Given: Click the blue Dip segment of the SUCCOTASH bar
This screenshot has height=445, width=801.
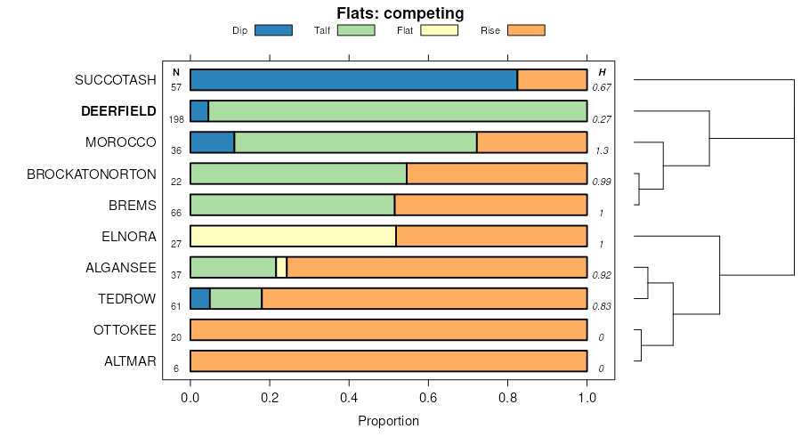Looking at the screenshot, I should pos(353,80).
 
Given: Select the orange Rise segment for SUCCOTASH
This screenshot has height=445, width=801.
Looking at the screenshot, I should pos(552,80).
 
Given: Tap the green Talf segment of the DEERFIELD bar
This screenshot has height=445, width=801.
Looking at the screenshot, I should pos(397,111).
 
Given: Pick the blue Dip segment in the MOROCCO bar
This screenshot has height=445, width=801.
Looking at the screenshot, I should pos(212,142).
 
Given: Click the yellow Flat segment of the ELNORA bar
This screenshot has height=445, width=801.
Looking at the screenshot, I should pos(293,236).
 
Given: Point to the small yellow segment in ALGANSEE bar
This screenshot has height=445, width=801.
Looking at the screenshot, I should pos(281,267).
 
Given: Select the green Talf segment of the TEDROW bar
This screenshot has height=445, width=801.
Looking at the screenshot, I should pos(236,298).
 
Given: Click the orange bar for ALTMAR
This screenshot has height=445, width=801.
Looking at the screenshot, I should pos(388,361).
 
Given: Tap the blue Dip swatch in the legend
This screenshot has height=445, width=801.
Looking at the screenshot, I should pos(273,30).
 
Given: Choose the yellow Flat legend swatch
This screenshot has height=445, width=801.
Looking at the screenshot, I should pos(439,30).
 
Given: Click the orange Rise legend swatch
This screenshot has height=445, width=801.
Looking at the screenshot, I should pos(525,30).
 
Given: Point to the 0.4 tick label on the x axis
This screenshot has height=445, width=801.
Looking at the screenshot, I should pos(349,397).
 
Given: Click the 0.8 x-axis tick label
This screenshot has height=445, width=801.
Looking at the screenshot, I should pos(508,397).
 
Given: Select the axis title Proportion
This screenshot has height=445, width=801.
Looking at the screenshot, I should pos(388,421).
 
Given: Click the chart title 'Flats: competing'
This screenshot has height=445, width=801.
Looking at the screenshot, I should pos(400,13).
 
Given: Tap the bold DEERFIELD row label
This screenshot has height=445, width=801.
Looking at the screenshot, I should pos(118,111).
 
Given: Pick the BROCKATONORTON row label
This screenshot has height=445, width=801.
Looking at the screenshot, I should pos(92,174).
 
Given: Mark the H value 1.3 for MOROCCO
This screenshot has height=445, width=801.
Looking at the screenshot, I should pos(603,150).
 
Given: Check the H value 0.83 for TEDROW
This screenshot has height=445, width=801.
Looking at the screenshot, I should pos(603,306).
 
